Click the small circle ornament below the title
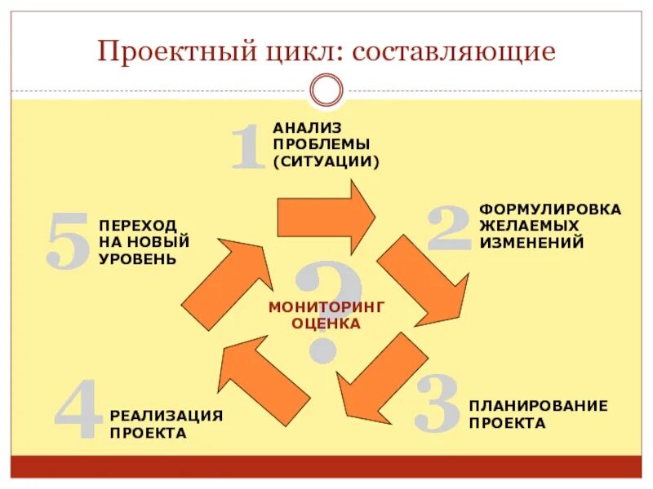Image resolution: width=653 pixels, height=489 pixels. pyautogui.click(x=326, y=90)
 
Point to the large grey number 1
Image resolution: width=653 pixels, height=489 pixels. pyautogui.click(x=247, y=147)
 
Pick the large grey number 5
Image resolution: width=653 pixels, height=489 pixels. pyautogui.click(x=68, y=241)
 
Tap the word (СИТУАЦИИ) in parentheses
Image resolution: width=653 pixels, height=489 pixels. pyautogui.click(x=326, y=161)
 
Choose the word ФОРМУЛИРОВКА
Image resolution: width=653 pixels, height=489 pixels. pyautogui.click(x=549, y=209)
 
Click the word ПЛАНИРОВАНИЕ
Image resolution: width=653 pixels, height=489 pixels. pyautogui.click(x=538, y=406)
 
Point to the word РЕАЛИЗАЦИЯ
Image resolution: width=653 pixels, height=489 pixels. pyautogui.click(x=167, y=416)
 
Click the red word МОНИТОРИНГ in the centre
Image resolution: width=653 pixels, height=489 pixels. pyautogui.click(x=326, y=306)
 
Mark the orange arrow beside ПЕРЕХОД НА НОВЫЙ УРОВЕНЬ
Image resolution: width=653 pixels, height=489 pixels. pyautogui.click(x=229, y=281)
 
